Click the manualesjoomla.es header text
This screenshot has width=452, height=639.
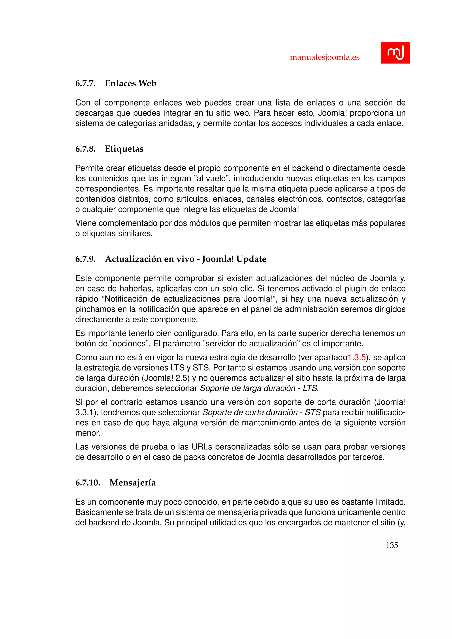[324, 57]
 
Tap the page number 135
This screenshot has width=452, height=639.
[392, 545]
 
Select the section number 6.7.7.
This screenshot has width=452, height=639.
[85, 83]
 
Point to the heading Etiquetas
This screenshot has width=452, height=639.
[124, 149]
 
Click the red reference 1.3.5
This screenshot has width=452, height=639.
[356, 357]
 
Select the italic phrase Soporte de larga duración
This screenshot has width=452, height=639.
[247, 388]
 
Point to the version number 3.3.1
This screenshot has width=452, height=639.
[85, 412]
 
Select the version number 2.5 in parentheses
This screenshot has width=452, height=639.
[182, 378]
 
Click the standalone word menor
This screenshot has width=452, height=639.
[87, 433]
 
